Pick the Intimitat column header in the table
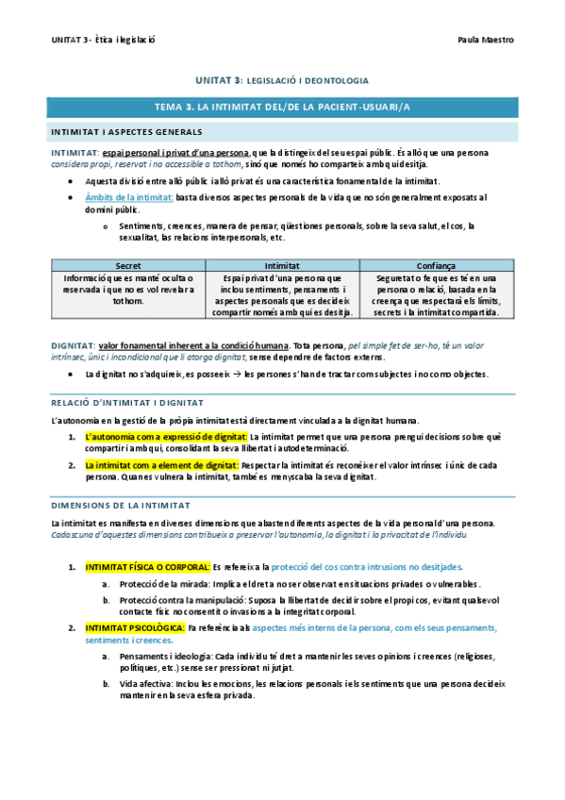283,267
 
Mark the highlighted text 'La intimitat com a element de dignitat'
161,465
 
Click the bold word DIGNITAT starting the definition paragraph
73,347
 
